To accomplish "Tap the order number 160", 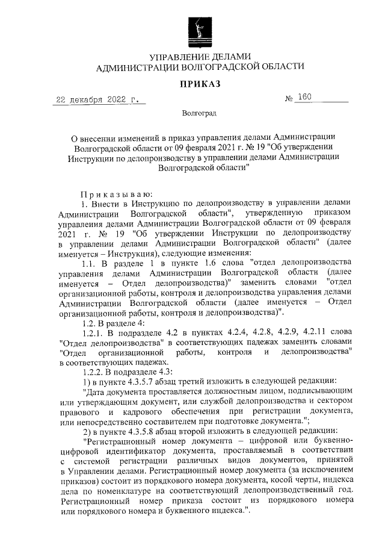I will (x=304, y=99).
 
